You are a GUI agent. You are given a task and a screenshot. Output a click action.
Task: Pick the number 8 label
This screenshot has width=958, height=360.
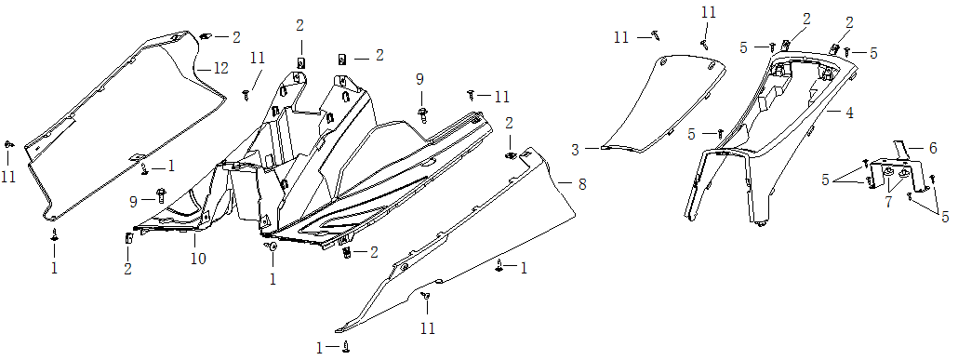coord(582,184)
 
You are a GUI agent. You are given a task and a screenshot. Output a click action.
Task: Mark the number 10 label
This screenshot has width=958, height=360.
coord(198,258)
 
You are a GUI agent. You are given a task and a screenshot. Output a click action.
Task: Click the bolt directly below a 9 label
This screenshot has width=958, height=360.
coord(422,114)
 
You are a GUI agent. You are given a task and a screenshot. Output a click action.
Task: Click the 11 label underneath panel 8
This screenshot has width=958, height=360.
coord(428,328)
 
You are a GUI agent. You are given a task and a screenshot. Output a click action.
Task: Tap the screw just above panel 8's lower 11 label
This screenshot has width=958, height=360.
coord(426,297)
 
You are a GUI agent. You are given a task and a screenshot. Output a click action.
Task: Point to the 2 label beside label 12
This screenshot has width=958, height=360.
coord(236,36)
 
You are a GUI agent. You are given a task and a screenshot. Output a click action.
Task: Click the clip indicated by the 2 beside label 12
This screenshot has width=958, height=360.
coord(206,36)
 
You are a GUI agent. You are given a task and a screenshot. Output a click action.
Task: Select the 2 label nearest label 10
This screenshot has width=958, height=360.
coord(127,269)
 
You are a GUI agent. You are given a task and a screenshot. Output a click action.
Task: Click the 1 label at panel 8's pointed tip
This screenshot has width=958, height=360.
coord(319,348)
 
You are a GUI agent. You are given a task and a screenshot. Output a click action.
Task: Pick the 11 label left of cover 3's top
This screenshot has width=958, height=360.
coord(621,38)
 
